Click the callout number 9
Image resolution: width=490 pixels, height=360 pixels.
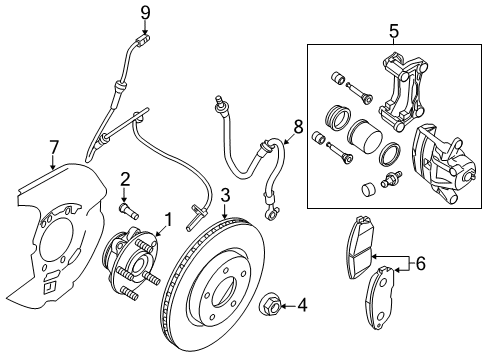(144, 13)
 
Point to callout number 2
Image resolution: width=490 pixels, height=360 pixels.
(125, 179)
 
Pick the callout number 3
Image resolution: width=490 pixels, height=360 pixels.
(227, 195)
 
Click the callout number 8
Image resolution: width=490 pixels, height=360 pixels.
(297, 127)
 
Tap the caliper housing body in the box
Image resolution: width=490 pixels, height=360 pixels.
(444, 160)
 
